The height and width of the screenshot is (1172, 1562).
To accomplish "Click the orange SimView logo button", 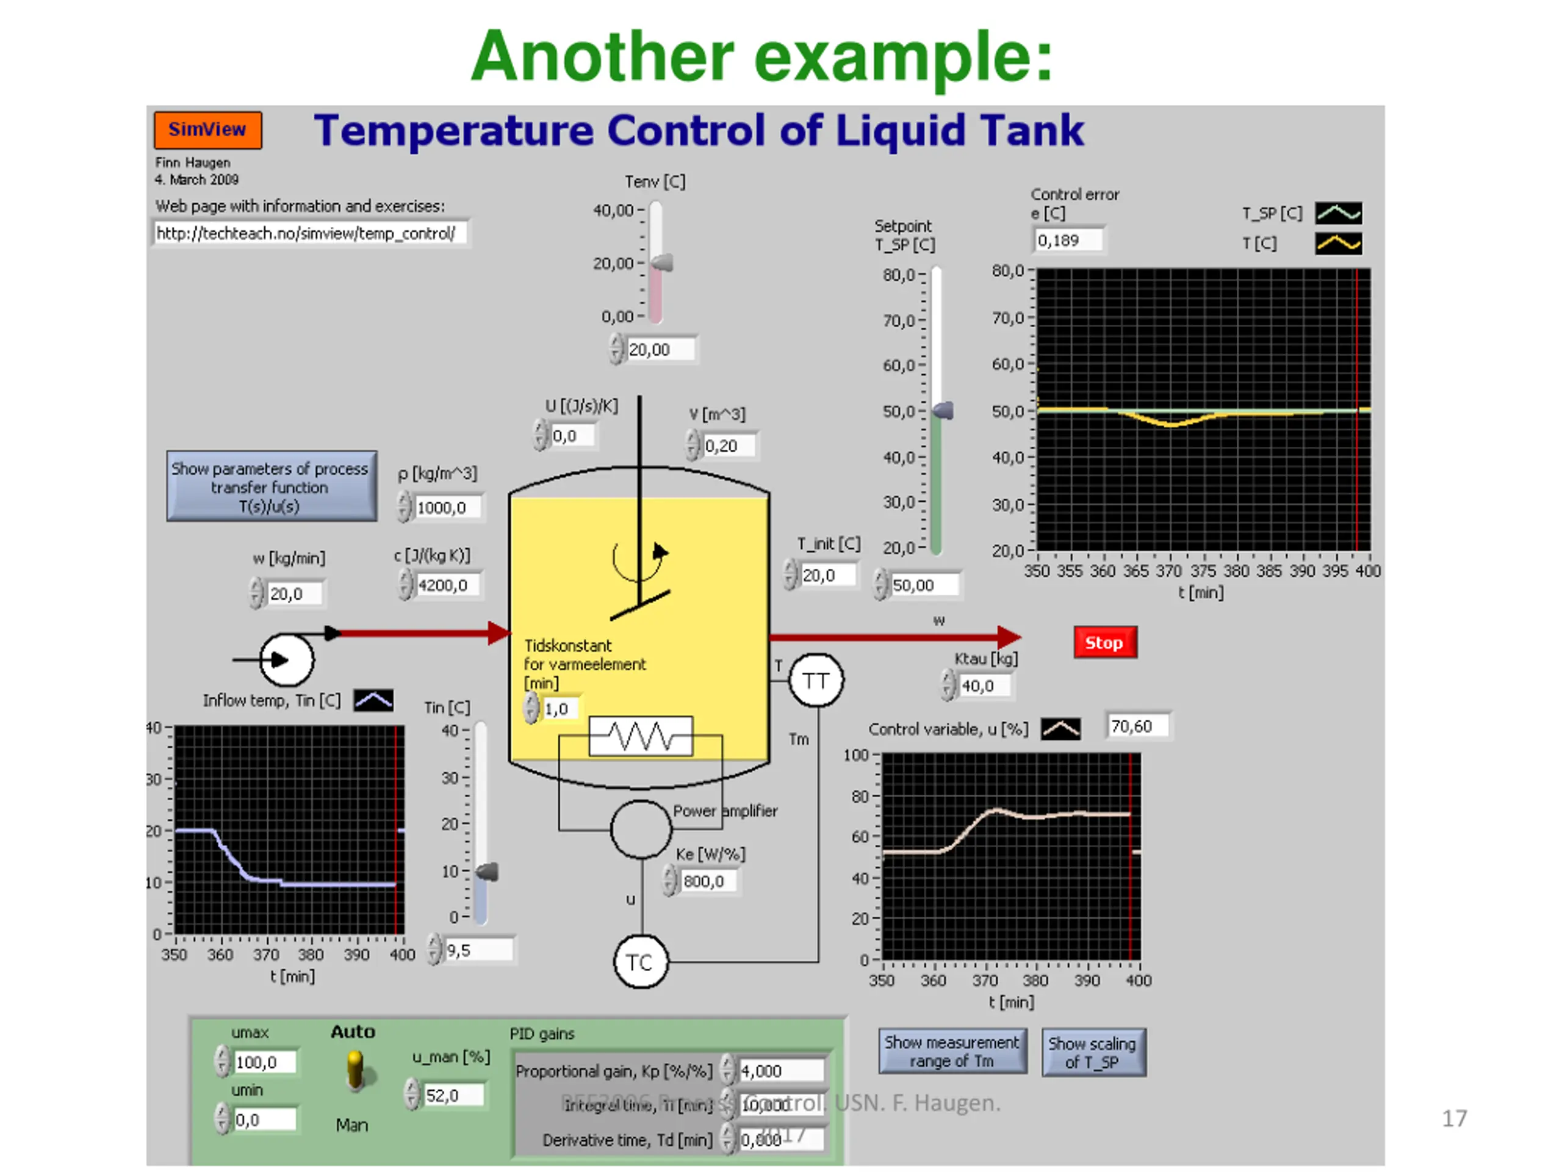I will coord(207,130).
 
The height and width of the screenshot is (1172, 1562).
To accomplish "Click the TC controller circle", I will coord(641,962).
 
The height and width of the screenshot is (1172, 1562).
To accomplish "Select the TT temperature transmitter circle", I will coord(816,681).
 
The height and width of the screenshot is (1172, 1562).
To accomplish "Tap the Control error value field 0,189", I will coord(1068,241).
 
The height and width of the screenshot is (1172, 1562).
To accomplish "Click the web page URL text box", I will coord(310,234).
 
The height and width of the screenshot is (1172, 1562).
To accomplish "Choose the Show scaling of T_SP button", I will coord(1093,1052).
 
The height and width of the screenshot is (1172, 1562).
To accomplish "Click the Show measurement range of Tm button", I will coord(952,1052).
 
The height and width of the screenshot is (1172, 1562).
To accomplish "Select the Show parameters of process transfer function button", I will coord(271,487).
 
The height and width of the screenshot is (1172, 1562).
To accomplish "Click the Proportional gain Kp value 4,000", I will coord(781,1071).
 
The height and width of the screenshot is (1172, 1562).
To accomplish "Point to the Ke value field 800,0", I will coord(708,881).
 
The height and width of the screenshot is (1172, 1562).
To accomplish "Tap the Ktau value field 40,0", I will coord(984,686).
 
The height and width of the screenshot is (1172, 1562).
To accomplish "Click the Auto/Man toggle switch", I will coord(355,1070).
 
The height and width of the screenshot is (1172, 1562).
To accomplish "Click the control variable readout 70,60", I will coord(1137,727).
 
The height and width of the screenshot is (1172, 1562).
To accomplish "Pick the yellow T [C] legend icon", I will coord(1338,244).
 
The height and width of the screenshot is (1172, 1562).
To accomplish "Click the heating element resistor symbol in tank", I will coord(641,736).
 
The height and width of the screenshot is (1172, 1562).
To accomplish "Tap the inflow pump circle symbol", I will coord(287,660).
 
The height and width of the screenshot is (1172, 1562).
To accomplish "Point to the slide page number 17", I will coord(1454,1119).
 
